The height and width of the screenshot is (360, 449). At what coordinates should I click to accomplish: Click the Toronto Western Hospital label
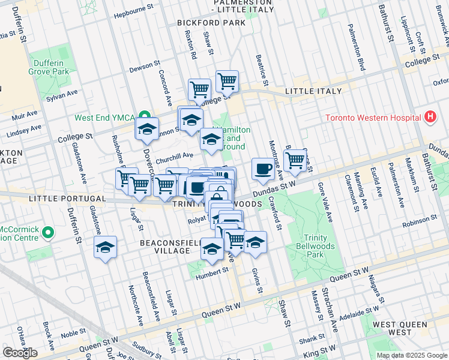click(373, 118)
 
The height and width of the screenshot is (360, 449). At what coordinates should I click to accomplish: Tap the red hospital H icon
click(429, 118)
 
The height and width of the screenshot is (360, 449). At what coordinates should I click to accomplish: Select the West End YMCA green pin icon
click(144, 116)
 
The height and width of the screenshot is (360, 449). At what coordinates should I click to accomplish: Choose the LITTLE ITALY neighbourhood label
click(313, 91)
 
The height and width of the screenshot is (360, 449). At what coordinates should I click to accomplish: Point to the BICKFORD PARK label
click(211, 23)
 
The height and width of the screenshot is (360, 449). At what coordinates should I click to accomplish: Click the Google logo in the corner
click(20, 353)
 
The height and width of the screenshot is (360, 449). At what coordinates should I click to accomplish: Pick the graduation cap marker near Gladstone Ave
click(105, 248)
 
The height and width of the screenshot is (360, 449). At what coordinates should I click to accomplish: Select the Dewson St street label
click(145, 68)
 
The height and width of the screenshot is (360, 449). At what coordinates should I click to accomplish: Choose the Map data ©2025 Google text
click(411, 355)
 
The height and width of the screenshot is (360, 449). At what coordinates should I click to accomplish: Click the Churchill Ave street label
click(174, 155)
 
